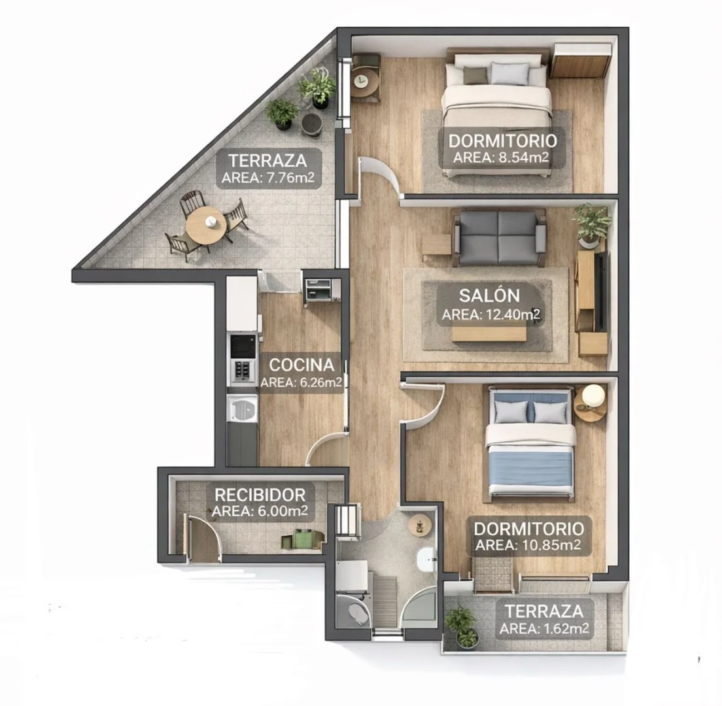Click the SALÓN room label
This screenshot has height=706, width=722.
489,295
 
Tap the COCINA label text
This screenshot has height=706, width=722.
301,365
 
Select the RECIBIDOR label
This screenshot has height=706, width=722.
260,495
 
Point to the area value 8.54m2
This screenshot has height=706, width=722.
521,158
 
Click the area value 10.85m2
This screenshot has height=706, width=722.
551,545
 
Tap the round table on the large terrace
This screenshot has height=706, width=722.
206,226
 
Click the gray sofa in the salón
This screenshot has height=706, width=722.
499,237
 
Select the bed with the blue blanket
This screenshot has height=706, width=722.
530,444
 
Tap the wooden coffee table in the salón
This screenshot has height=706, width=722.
489,333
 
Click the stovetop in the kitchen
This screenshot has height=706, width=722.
243,370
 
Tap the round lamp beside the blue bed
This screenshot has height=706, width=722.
594,396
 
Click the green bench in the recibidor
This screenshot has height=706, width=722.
303,539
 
